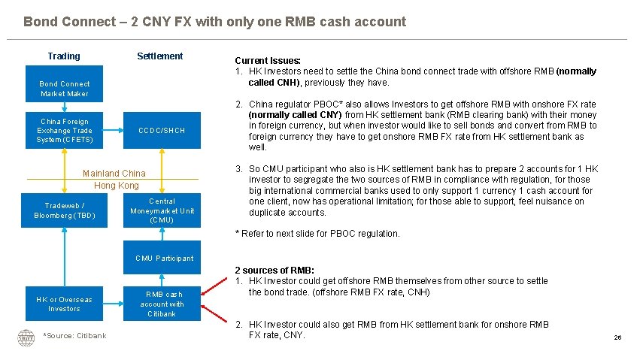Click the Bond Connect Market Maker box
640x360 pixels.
click(x=64, y=89)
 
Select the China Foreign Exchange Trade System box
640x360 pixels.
click(x=64, y=131)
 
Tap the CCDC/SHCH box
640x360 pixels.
click(x=162, y=131)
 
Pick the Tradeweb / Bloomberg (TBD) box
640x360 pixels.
click(x=64, y=210)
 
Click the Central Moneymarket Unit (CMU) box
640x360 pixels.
click(x=162, y=210)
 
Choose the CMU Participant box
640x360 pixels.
click(x=164, y=258)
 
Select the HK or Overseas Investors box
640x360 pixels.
click(x=64, y=304)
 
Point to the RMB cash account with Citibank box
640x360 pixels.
click(x=162, y=304)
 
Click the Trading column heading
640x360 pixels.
click(x=64, y=56)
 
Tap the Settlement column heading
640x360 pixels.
click(x=159, y=56)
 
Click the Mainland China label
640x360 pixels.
click(x=114, y=173)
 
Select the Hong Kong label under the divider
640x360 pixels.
click(x=117, y=185)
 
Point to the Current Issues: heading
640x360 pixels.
click(x=268, y=60)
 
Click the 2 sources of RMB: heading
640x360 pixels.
click(x=274, y=270)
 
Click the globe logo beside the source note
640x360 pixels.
click(x=26, y=337)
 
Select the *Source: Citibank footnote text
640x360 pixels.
click(x=74, y=335)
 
